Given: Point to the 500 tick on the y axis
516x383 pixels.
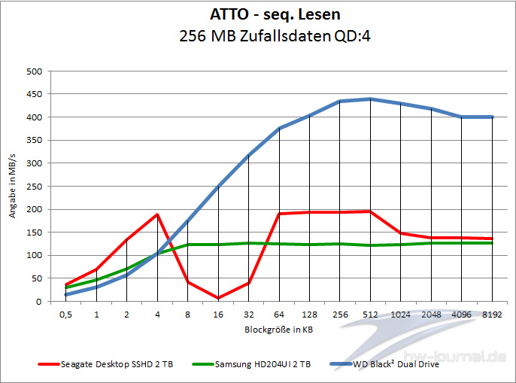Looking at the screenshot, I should point(34,71).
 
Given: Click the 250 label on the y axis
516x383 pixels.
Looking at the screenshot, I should point(34,187).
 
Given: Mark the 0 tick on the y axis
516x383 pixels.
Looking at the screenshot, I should point(38,302).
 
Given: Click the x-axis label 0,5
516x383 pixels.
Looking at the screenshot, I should point(66,316).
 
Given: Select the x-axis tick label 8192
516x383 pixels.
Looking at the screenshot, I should point(492,316).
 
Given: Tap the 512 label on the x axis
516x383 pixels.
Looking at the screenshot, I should point(370,316).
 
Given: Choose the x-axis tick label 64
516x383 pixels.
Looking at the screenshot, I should point(279,316).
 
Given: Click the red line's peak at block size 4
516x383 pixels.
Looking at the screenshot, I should point(157,214).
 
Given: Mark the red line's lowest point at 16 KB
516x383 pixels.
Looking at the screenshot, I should point(218,298).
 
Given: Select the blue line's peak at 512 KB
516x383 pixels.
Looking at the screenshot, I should point(370,99).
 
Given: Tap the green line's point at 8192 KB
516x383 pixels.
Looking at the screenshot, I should point(492,243).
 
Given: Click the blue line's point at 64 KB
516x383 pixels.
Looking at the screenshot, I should point(279,129).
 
